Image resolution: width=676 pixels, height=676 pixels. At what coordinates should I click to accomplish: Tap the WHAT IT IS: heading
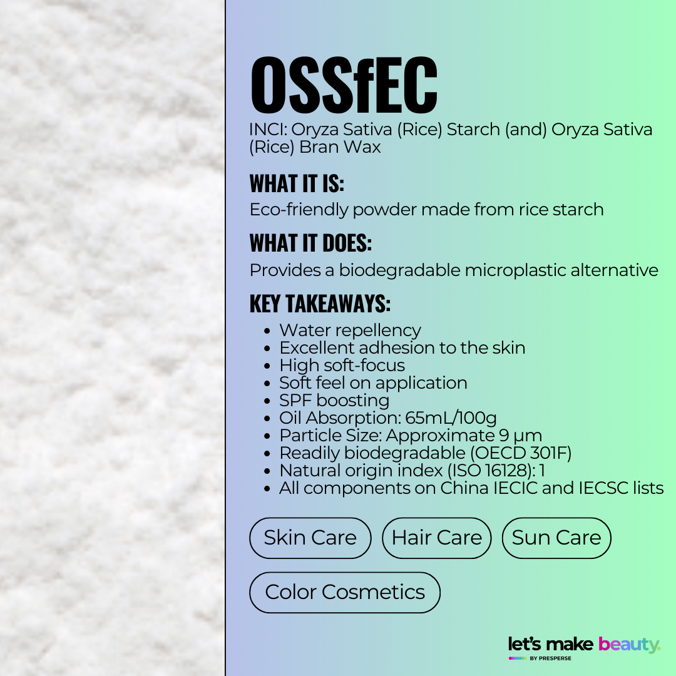tap(297, 184)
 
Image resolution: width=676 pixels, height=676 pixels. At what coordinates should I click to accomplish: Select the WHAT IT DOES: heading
tap(311, 243)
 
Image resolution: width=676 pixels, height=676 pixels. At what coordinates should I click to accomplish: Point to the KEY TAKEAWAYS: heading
tap(320, 304)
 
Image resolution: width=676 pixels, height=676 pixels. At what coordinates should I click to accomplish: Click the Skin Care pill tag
tap(310, 538)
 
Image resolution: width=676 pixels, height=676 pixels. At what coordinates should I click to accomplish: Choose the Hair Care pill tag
tap(436, 538)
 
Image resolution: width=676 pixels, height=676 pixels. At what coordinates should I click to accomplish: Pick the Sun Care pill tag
tap(556, 538)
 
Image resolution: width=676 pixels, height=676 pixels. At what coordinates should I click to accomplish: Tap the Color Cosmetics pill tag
tap(344, 592)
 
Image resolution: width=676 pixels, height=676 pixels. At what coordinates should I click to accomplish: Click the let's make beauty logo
tap(584, 645)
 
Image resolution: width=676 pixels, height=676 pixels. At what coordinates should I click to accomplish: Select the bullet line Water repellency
tap(350, 330)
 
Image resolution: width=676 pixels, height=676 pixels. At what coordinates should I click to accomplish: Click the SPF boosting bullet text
tap(334, 400)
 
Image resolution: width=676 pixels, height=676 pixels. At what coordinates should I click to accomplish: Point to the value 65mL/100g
tap(451, 417)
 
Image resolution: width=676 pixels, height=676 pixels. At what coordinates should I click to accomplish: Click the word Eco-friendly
tap(298, 209)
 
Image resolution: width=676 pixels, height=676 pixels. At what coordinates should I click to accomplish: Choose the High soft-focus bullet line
tap(342, 365)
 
